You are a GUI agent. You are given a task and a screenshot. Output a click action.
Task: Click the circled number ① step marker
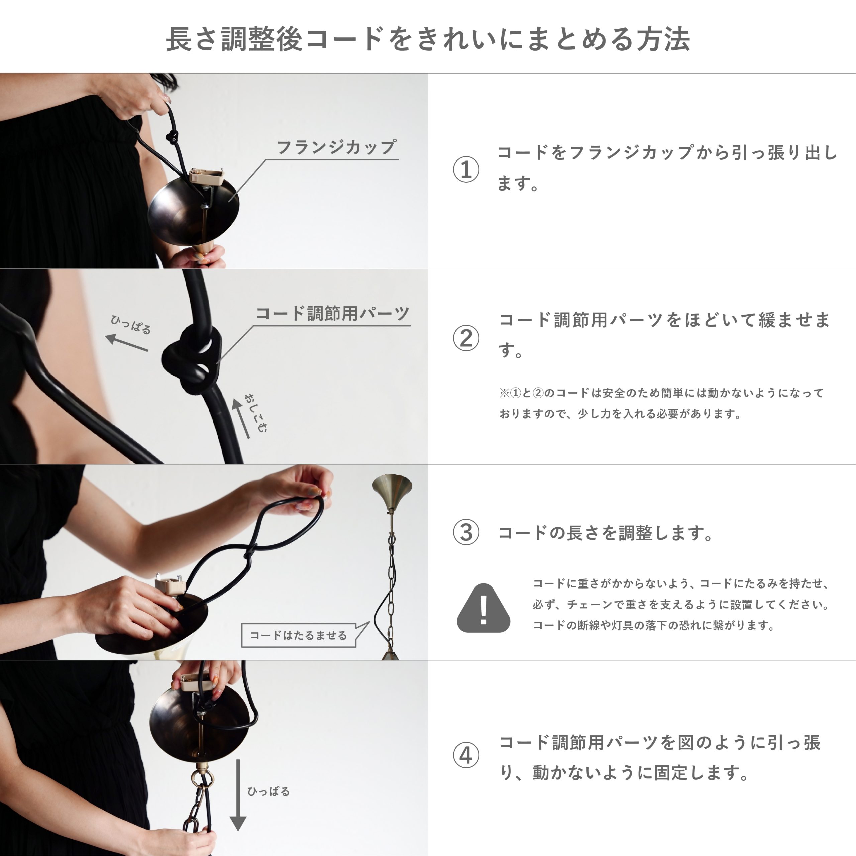point(466,169)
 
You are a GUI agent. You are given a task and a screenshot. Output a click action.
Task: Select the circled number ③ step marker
point(466,532)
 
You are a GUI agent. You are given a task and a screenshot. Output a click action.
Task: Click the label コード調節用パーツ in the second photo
point(333,313)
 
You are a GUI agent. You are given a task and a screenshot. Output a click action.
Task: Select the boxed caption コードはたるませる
point(299,635)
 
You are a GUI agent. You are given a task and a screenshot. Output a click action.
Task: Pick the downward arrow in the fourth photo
point(238,795)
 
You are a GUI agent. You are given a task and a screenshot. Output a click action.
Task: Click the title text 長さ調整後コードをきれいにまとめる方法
point(428,39)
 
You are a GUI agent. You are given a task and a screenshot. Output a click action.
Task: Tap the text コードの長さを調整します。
point(605,533)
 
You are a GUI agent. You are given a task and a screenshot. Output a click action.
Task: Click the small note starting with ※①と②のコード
point(661,403)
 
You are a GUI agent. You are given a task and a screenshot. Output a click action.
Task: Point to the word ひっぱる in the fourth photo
point(268,791)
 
